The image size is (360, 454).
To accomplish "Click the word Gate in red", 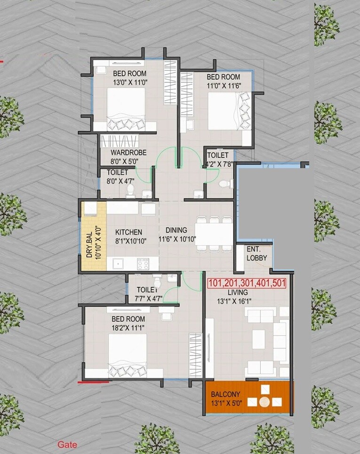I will (x=67, y=444).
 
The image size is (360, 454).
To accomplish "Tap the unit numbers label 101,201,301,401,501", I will (x=247, y=284).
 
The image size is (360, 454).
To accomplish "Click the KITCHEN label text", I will (x=129, y=232).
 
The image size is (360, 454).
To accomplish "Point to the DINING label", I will (x=176, y=230).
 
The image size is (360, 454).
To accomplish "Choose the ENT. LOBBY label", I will (x=257, y=253).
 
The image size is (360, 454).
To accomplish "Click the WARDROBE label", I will (x=128, y=153).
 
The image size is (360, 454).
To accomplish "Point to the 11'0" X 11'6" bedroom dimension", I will (x=223, y=85).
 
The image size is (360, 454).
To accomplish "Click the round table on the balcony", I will (x=265, y=402).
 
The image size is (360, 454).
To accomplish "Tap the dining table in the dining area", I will (x=214, y=234).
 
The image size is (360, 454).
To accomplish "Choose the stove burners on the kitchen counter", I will (x=143, y=264).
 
